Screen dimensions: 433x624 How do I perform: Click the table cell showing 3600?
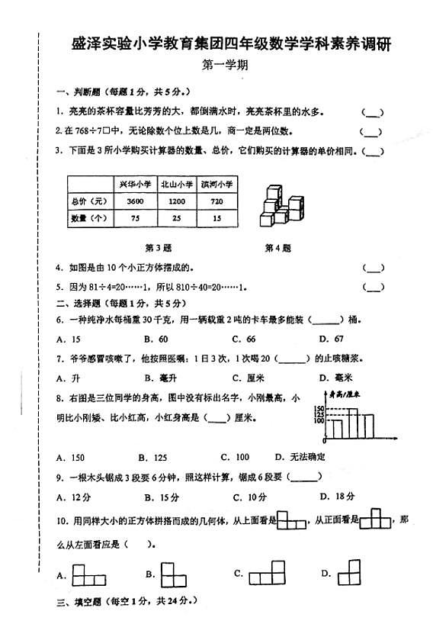point(135,201)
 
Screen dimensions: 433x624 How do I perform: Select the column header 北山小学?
point(175,184)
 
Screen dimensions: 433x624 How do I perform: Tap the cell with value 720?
point(216,201)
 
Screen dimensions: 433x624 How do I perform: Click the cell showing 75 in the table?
point(135,218)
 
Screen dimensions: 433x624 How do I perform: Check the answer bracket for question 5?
point(373,287)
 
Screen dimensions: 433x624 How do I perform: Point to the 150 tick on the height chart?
point(319,409)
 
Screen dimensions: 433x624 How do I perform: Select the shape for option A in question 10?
point(88,574)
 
